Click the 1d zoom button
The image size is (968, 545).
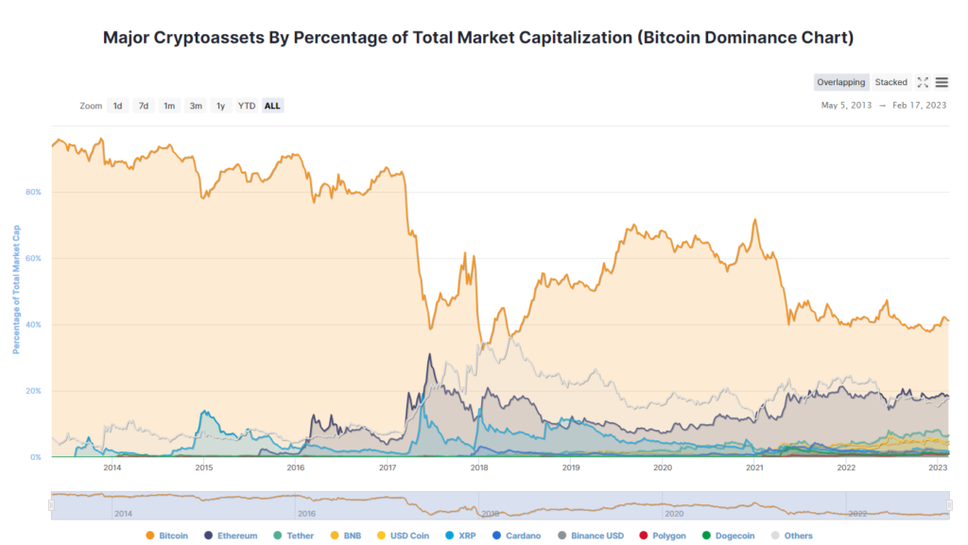[118, 106]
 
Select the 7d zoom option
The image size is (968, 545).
[144, 106]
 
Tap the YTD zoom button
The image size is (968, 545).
[247, 106]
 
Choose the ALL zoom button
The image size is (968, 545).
[272, 106]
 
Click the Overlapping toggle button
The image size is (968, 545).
[840, 82]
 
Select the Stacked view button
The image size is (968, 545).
[890, 82]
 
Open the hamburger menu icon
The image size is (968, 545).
[942, 82]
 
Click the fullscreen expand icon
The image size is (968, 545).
[923, 82]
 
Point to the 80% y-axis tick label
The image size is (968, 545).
[33, 192]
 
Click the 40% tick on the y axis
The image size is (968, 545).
[33, 324]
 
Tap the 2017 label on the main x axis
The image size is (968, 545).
[387, 468]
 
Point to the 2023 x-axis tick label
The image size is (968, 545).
[938, 468]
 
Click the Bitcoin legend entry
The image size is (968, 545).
[167, 536]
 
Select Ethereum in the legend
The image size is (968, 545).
[231, 536]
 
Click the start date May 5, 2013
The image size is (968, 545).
[847, 106]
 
